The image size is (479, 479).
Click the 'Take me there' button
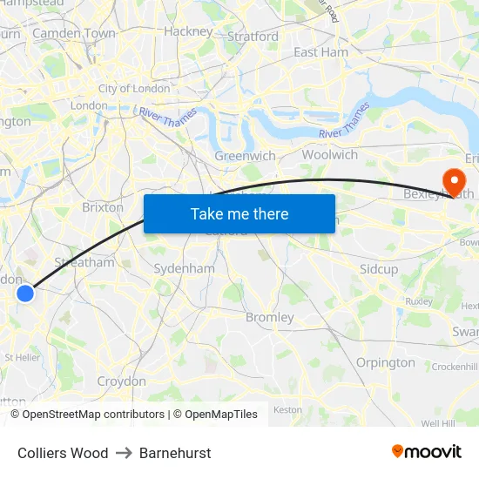(239, 213)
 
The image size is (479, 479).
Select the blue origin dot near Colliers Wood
(25, 293)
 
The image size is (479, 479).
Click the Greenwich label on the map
(245, 156)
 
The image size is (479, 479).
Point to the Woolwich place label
(329, 154)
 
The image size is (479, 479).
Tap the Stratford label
(253, 37)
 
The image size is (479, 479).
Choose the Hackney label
(188, 31)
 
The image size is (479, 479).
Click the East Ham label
(320, 52)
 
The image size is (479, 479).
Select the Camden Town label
(74, 33)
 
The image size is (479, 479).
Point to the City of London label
(134, 88)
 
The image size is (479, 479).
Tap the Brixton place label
(103, 208)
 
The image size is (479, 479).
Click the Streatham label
(84, 261)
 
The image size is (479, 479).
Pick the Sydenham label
(184, 268)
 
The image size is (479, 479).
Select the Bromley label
(270, 317)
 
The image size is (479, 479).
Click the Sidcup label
(379, 269)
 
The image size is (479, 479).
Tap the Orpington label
(386, 362)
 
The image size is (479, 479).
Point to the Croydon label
(121, 381)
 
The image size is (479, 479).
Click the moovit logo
(426, 451)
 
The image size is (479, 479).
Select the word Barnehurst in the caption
(175, 453)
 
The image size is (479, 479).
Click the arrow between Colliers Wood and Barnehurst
(124, 453)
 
